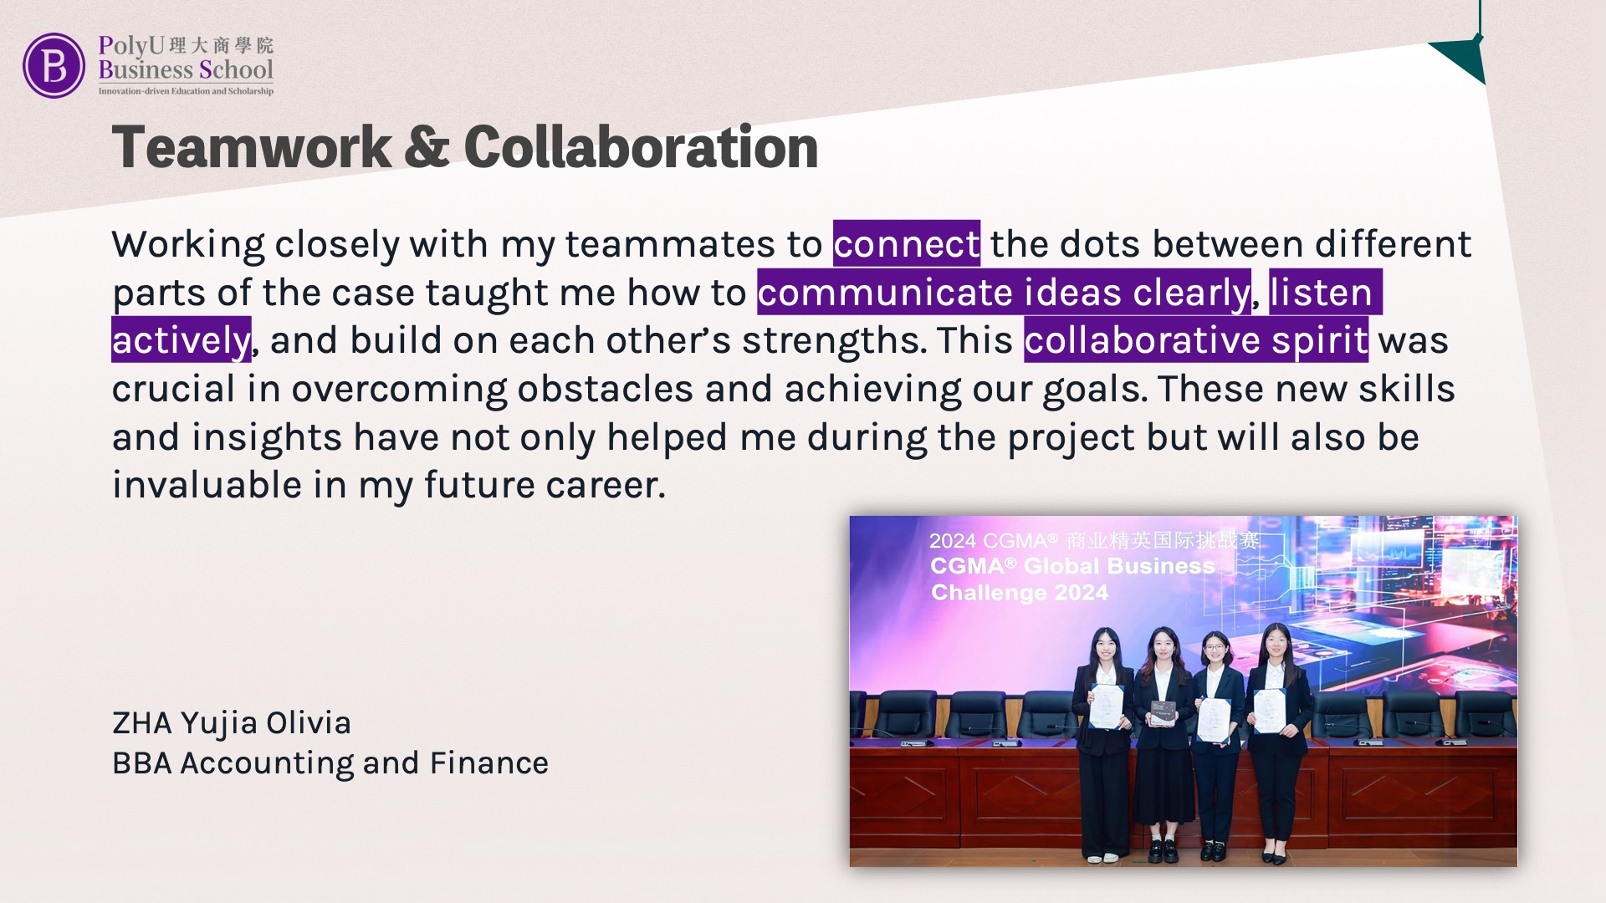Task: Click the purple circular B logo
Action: (54, 65)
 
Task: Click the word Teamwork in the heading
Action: (252, 147)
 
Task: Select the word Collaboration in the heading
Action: (641, 147)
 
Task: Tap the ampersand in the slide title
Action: (427, 147)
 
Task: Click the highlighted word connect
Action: (907, 243)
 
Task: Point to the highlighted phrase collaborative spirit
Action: (1196, 339)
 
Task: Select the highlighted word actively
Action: (182, 339)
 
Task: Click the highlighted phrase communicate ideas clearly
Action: (1005, 292)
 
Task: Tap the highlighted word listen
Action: (1326, 292)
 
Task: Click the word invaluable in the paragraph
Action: (207, 485)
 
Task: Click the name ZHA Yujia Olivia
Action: (232, 723)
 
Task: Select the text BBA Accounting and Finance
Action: (330, 763)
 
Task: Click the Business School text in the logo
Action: (186, 69)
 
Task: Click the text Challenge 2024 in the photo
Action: (1020, 593)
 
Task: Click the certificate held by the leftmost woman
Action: (1105, 707)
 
